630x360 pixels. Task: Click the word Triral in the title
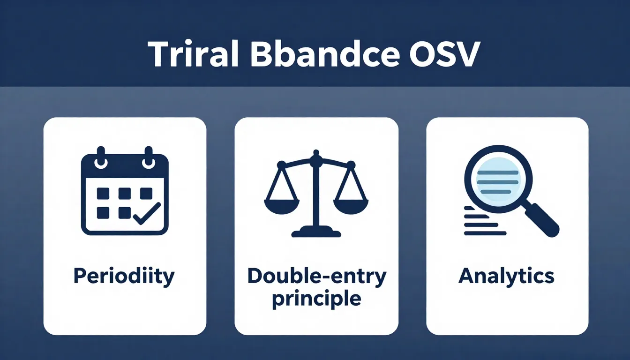[x=194, y=54]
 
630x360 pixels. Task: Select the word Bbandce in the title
[x=325, y=54]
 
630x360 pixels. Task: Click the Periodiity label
[x=124, y=277]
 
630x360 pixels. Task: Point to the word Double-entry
[x=317, y=276]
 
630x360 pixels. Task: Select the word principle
[x=317, y=299]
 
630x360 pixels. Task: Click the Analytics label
[x=506, y=276]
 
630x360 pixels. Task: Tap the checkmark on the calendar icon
[x=147, y=213]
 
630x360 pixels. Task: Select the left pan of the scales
[x=282, y=206]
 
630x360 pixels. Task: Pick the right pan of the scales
[x=351, y=206]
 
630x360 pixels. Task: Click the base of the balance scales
[x=316, y=232]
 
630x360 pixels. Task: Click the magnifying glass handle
[x=542, y=220]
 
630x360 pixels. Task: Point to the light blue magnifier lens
[x=498, y=180]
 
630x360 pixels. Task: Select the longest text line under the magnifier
[x=485, y=233]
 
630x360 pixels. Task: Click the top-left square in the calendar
[x=103, y=194]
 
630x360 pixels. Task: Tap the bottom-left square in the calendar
[x=103, y=213]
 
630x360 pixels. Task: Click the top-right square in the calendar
[x=146, y=194]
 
